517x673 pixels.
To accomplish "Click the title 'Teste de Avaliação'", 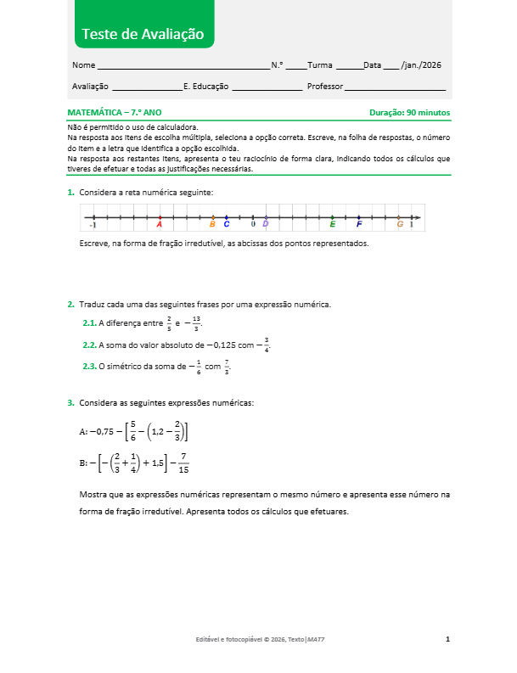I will pyautogui.click(x=143, y=34).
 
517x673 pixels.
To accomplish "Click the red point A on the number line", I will pyautogui.click(x=160, y=218).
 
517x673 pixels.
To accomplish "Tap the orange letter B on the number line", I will pyautogui.click(x=212, y=224).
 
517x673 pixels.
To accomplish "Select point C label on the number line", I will pyautogui.click(x=226, y=224).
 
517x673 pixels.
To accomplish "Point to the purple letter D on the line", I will pyautogui.click(x=266, y=223).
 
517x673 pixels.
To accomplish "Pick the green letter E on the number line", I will pyautogui.click(x=332, y=224).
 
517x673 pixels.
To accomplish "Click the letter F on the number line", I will pyautogui.click(x=359, y=224).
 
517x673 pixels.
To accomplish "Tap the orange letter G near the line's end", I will pyautogui.click(x=400, y=224).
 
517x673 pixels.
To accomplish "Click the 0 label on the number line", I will pyautogui.click(x=252, y=224).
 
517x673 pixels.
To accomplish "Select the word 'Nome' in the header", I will pyautogui.click(x=83, y=65).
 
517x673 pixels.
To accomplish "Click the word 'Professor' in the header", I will pyautogui.click(x=325, y=87).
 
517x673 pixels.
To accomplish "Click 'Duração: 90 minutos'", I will pyautogui.click(x=409, y=112).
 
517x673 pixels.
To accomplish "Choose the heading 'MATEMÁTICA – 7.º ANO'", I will pyautogui.click(x=114, y=112).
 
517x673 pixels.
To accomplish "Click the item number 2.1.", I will pyautogui.click(x=89, y=323).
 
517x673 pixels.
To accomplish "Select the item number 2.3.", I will pyautogui.click(x=89, y=367).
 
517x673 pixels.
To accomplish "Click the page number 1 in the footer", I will pyautogui.click(x=447, y=638).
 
